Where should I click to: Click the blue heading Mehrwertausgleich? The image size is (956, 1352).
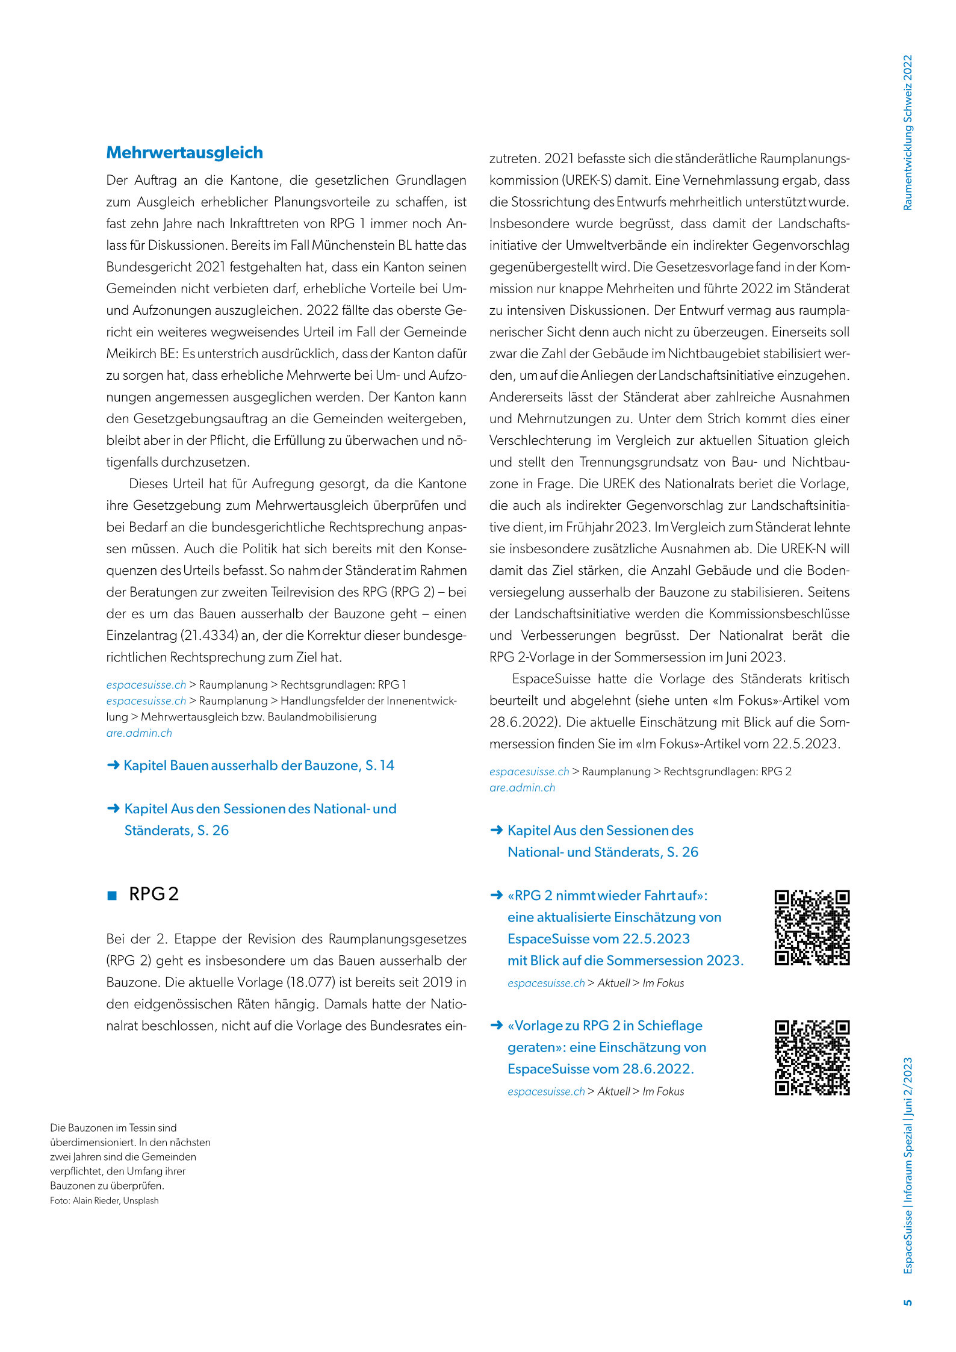(x=184, y=153)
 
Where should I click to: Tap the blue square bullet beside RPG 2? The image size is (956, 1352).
(x=111, y=896)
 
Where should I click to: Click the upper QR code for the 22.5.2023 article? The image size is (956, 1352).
(x=812, y=928)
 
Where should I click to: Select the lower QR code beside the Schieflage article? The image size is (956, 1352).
(x=812, y=1058)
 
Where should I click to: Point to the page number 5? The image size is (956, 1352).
(x=908, y=1302)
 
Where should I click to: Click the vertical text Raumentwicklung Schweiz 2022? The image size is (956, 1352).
(x=908, y=132)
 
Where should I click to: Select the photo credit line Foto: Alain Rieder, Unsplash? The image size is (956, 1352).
(x=104, y=1200)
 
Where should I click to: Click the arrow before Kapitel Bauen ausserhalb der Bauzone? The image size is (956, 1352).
(x=113, y=765)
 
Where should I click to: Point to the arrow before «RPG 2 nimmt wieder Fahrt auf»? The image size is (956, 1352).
(x=496, y=895)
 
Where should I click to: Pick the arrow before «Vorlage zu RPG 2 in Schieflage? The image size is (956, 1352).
(x=496, y=1025)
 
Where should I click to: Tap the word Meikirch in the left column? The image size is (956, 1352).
(x=131, y=354)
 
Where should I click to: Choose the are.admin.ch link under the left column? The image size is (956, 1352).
(x=139, y=733)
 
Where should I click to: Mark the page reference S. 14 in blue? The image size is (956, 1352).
(x=380, y=765)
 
